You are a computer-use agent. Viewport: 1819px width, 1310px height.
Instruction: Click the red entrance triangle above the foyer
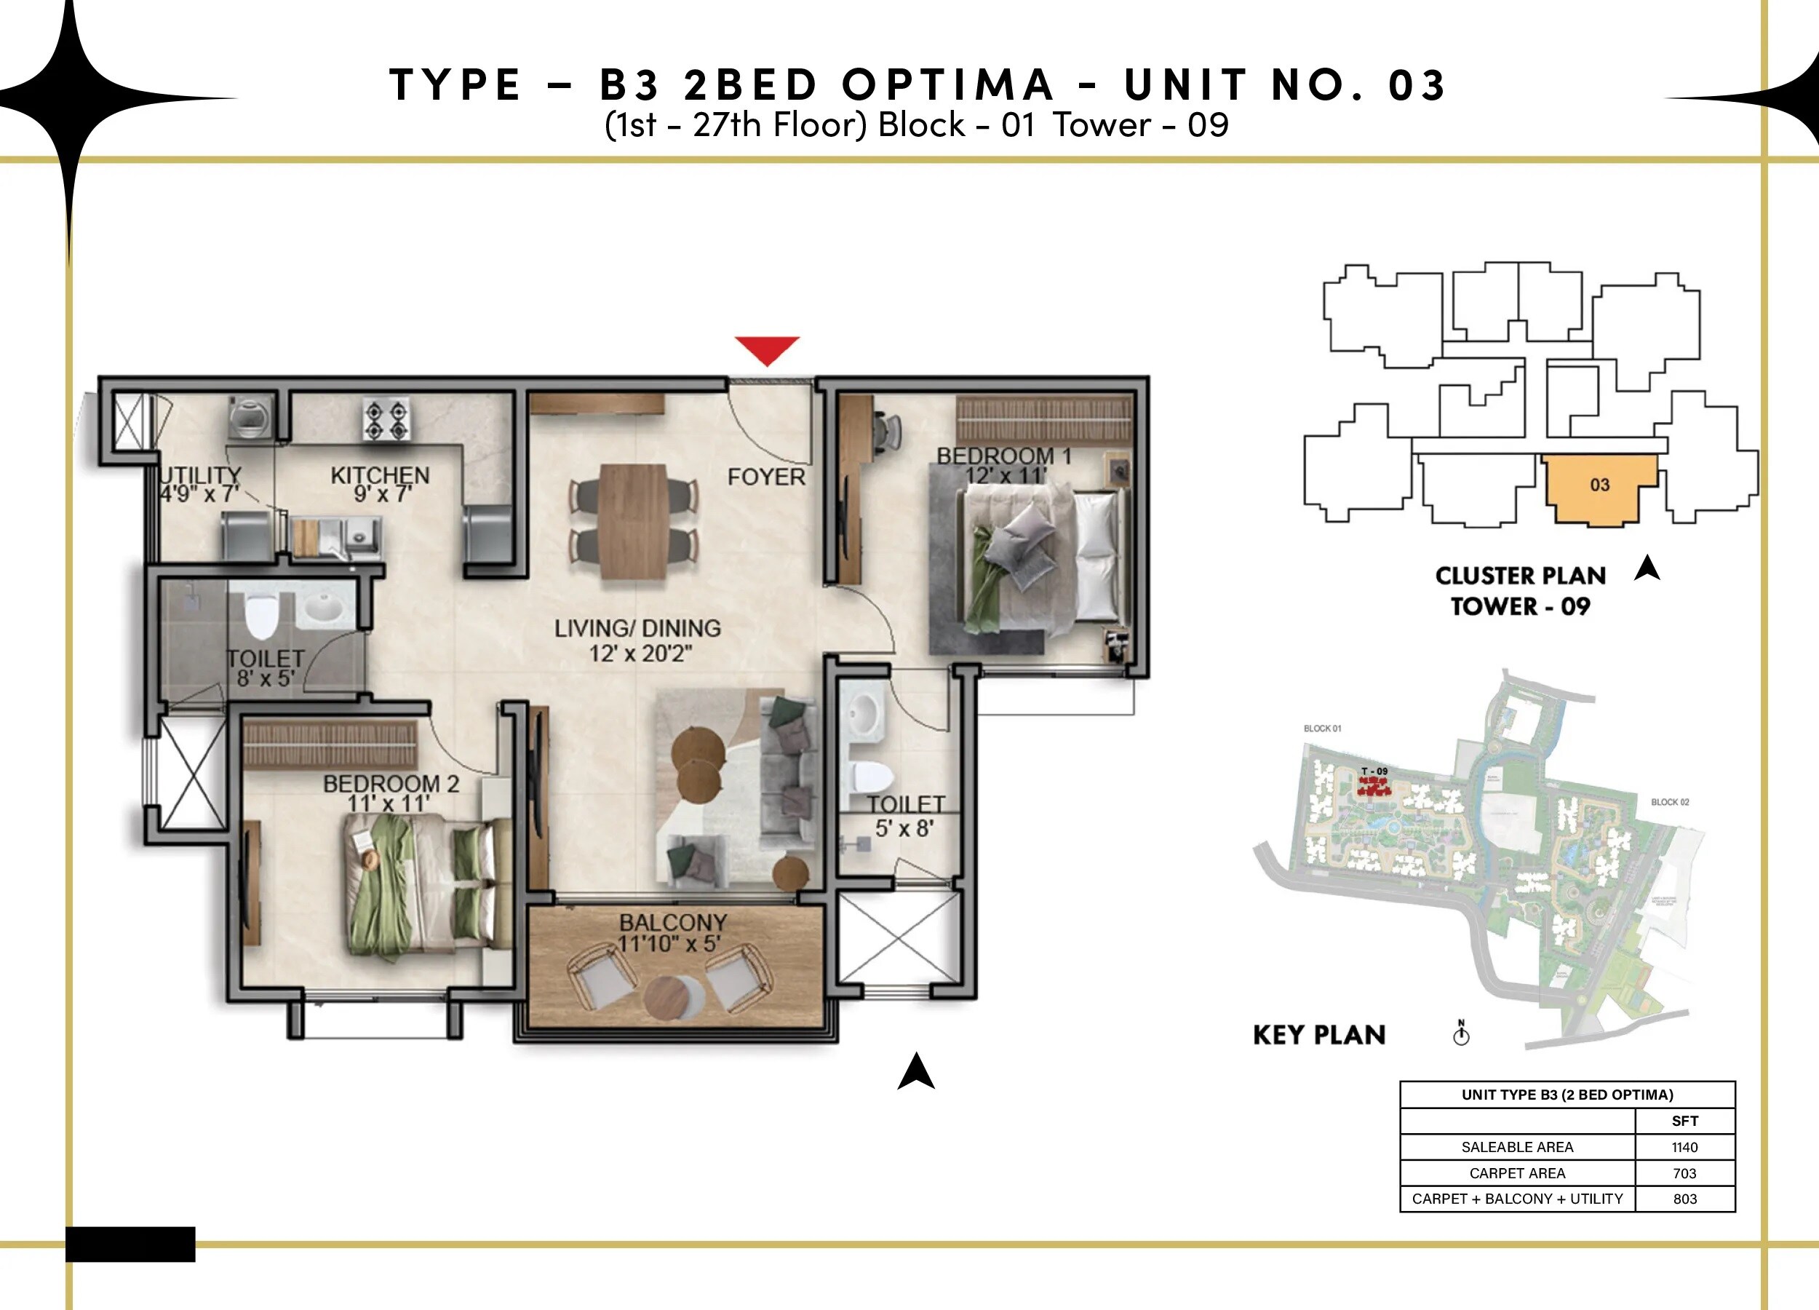coord(767,349)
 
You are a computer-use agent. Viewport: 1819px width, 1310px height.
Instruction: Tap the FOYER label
coord(766,477)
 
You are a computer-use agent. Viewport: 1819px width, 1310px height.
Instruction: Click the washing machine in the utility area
coord(251,417)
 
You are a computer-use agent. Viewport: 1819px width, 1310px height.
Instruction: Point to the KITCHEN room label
coord(380,475)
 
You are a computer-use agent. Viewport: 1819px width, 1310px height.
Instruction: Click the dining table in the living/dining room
coord(634,520)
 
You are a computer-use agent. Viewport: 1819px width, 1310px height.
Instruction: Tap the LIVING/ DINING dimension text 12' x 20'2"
coord(640,654)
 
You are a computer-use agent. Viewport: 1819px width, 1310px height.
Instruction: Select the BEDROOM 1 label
coord(1004,456)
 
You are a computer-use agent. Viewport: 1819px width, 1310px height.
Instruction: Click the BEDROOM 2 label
coord(391,783)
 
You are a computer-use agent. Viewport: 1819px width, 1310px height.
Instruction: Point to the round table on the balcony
coord(668,997)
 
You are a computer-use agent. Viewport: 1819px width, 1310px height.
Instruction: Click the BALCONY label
coord(673,923)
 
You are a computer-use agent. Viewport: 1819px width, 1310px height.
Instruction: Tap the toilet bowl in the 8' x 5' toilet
coord(260,615)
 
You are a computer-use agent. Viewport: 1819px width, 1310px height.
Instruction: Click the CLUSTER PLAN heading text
coord(1520,576)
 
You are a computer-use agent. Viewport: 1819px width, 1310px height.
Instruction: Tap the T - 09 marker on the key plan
coord(1374,771)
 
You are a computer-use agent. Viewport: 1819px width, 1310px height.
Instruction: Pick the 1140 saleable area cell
coord(1684,1147)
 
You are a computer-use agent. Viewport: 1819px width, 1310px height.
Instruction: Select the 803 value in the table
coord(1684,1199)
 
